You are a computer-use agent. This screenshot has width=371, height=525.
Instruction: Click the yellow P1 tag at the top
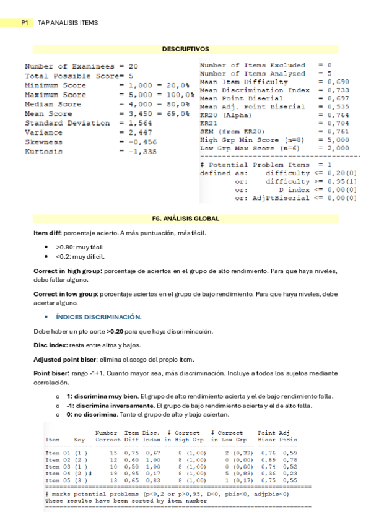25,23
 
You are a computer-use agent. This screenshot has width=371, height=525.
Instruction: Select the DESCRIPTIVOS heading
185,48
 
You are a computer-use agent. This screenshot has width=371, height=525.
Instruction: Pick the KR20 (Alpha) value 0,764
338,115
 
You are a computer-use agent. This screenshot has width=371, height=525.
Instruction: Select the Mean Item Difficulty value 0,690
338,82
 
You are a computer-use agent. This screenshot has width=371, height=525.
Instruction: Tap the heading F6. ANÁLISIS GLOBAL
185,218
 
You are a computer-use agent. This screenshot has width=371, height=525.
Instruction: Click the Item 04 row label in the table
57,474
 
